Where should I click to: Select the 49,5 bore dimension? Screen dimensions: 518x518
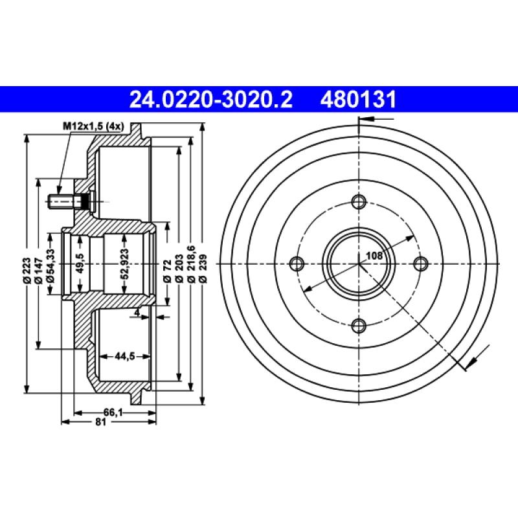pos(80,264)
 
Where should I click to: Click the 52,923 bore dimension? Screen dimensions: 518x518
pos(125,264)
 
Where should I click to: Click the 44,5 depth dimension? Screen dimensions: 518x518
pos(124,355)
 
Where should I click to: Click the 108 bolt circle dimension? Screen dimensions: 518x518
pos(374,255)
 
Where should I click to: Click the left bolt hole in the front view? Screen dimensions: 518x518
pos(297,263)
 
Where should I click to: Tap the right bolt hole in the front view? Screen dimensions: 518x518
pos(420,263)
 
